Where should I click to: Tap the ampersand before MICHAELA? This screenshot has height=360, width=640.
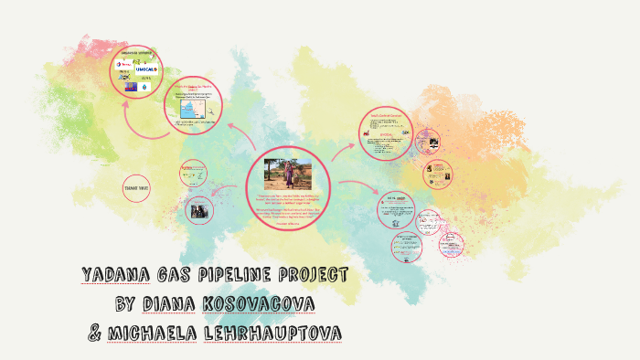point(94,334)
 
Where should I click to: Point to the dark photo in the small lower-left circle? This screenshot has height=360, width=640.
point(197,209)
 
